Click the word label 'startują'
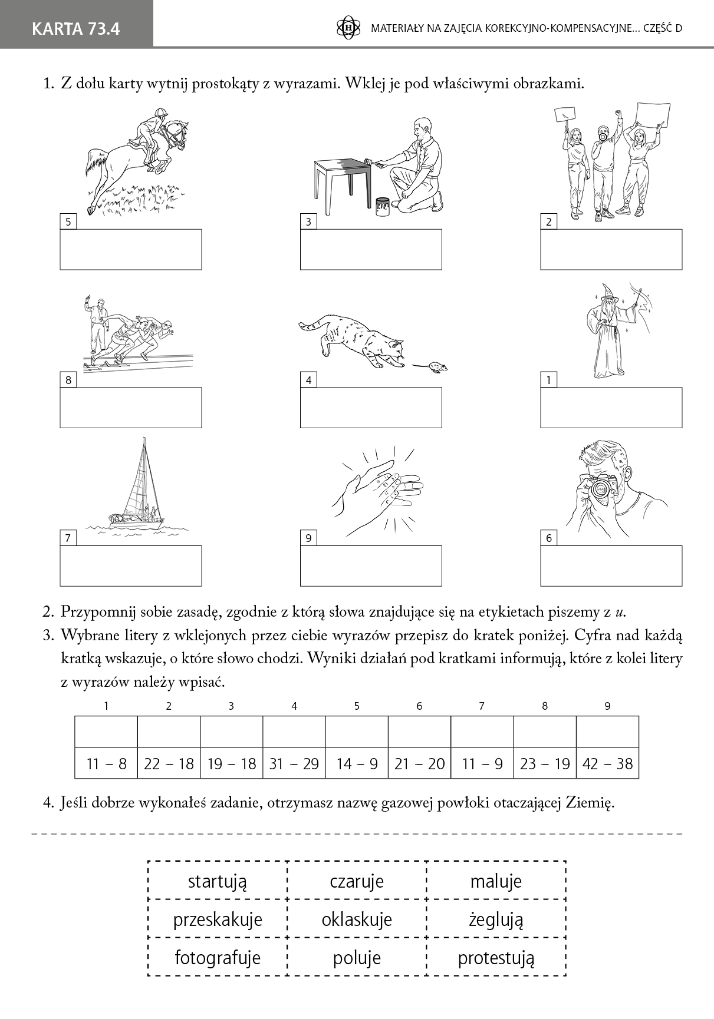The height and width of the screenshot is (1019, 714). tap(217, 881)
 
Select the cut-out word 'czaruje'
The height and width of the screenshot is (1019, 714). tap(356, 881)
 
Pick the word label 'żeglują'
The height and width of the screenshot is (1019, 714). tap(496, 919)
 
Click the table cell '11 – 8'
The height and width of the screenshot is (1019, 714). tap(106, 764)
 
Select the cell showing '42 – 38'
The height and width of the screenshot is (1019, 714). tap(607, 764)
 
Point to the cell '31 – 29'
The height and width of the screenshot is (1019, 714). tap(294, 764)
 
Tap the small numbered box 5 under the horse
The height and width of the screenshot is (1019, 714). tap(68, 222)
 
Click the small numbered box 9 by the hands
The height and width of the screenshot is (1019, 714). tap(308, 538)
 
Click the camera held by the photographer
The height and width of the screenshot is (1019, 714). tap(600, 488)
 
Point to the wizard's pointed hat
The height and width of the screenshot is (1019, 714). tap(607, 293)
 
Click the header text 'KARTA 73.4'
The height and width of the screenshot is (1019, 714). tap(76, 28)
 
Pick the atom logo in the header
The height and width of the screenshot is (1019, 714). tap(348, 28)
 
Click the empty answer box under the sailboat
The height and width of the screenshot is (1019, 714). tap(131, 566)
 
